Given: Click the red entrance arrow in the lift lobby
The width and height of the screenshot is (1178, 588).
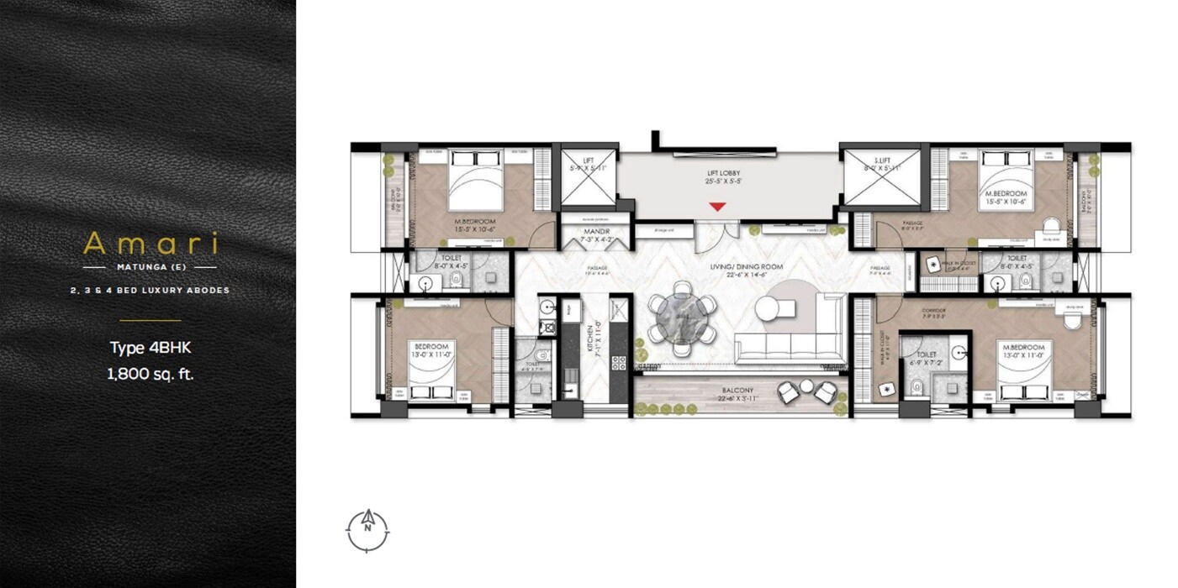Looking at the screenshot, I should click(x=716, y=206).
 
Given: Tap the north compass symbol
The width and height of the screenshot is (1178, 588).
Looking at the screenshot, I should click(x=367, y=528).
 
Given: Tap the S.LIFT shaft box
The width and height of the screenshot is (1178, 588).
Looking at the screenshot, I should click(x=882, y=177).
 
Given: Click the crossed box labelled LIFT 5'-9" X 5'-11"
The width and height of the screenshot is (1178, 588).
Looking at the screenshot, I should click(x=589, y=177).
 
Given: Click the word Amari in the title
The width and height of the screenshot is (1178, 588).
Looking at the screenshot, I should click(x=151, y=244).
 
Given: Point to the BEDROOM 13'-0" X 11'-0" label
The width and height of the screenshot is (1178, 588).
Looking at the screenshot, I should click(x=431, y=350).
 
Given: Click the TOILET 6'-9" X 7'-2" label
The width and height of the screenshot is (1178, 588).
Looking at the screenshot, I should click(x=927, y=360).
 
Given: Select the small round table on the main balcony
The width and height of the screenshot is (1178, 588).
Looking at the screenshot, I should click(x=806, y=386).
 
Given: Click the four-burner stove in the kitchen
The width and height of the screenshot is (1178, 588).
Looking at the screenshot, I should click(x=618, y=363).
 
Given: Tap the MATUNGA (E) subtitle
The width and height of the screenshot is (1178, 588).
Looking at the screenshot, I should click(x=151, y=267).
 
